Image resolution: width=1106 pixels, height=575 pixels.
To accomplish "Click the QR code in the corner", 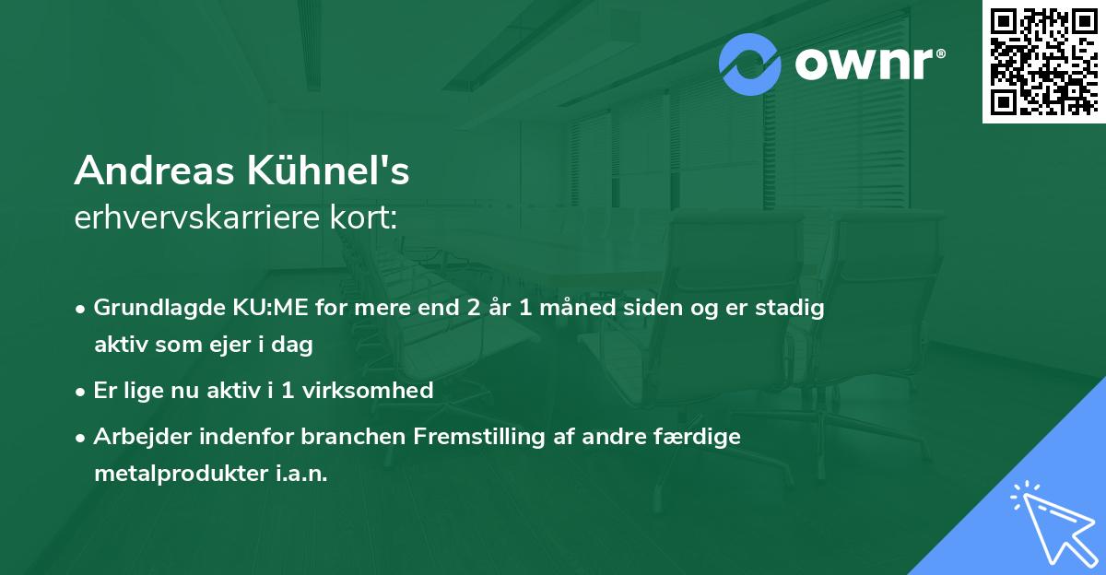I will [1043, 61].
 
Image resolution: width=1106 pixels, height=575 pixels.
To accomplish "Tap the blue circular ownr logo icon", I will [750, 64].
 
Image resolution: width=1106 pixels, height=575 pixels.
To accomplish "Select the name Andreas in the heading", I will [155, 170].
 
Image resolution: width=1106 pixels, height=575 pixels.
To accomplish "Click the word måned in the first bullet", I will [583, 308].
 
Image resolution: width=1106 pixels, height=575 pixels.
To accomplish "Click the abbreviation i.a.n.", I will [299, 474].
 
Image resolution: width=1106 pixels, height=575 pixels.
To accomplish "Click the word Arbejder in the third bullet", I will [135, 436].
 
